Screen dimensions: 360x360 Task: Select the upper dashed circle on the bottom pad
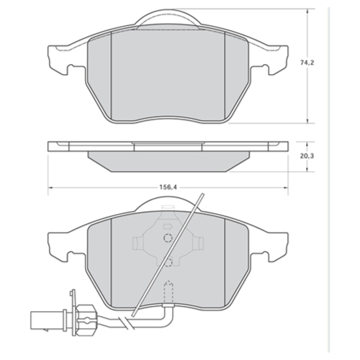pos(167,239)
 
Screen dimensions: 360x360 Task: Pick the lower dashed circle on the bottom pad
pos(167,264)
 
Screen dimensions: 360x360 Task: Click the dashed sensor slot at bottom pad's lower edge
pos(168,292)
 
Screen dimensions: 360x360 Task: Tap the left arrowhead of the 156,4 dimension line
pos(51,189)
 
